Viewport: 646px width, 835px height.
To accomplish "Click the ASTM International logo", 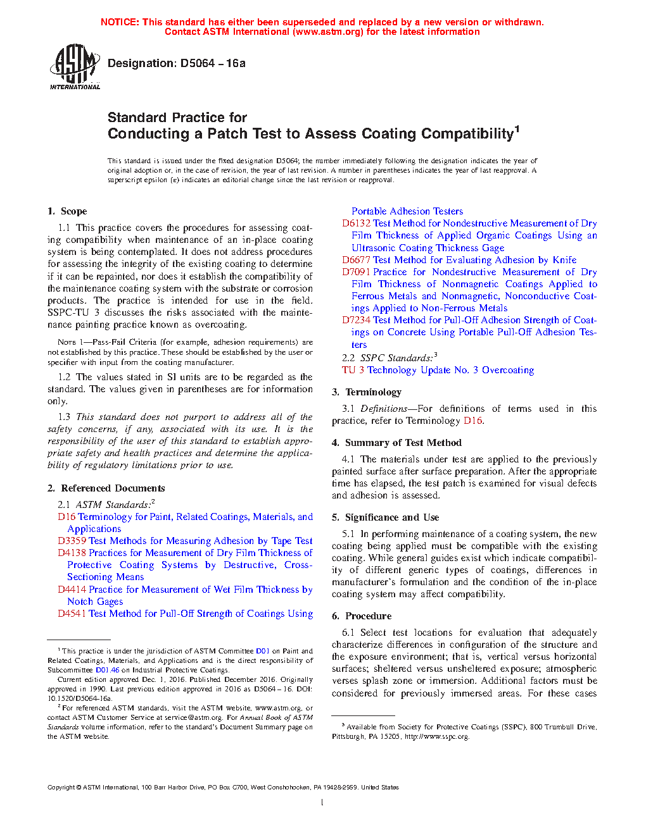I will pyautogui.click(x=74, y=66).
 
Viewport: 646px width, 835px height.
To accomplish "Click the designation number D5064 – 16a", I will pyautogui.click(x=213, y=63).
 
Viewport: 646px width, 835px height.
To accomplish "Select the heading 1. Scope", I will pyautogui.click(x=67, y=211).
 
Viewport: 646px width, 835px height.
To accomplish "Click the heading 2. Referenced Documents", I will pyautogui.click(x=106, y=488).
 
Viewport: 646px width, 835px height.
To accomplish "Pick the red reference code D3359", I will pyautogui.click(x=72, y=541).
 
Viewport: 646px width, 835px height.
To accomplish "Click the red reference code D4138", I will pyautogui.click(x=72, y=553).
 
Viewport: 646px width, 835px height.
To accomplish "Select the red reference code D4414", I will pyautogui.click(x=72, y=590).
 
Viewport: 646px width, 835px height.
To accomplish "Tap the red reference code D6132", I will pyautogui.click(x=356, y=223).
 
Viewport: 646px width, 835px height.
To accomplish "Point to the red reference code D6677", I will pyautogui.click(x=356, y=260).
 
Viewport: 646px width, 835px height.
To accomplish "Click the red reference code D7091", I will pyautogui.click(x=356, y=272).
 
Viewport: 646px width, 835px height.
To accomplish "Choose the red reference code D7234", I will pyautogui.click(x=356, y=320).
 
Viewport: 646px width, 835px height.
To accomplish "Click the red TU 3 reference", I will pyautogui.click(x=353, y=370).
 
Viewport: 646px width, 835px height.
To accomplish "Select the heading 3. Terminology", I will pyautogui.click(x=367, y=392).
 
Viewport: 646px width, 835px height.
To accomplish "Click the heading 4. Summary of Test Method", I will pyautogui.click(x=396, y=443).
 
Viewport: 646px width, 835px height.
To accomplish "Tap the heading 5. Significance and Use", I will pyautogui.click(x=385, y=517).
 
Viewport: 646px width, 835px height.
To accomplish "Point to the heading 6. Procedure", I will pyautogui.click(x=362, y=616).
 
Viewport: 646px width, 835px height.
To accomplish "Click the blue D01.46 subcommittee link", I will pyautogui.click(x=107, y=670).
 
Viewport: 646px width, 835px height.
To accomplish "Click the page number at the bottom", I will pyautogui.click(x=322, y=803).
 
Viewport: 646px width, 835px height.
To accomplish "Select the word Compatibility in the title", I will pyautogui.click(x=467, y=134).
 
